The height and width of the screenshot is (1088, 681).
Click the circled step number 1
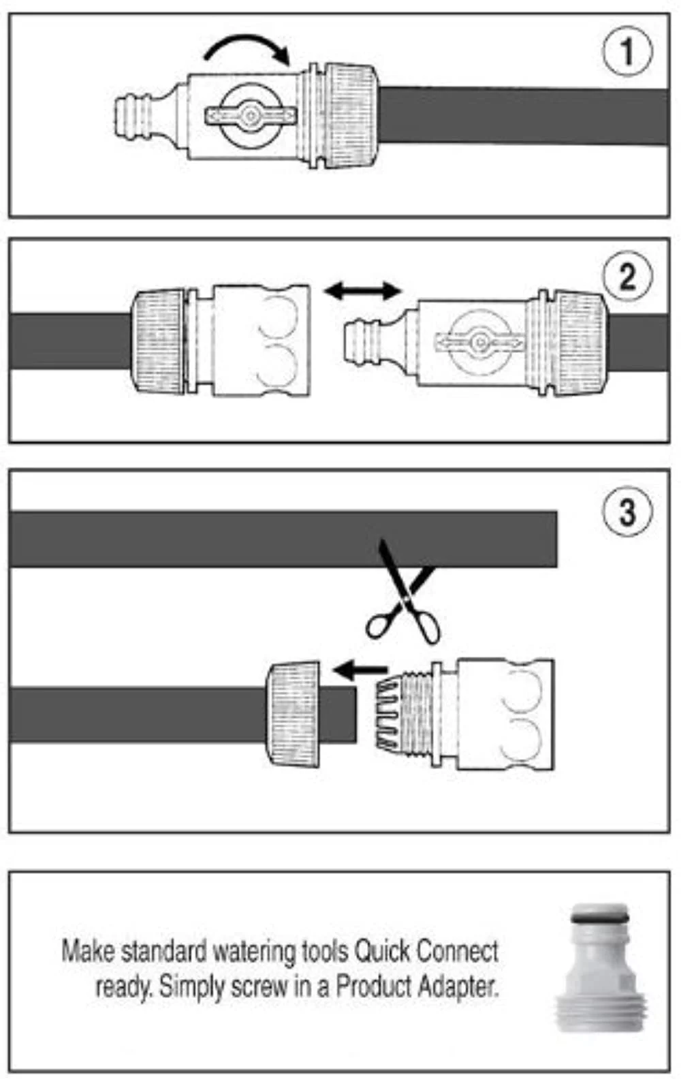pyautogui.click(x=627, y=51)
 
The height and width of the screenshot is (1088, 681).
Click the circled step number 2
pyautogui.click(x=627, y=277)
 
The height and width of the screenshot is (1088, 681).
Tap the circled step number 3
pyautogui.click(x=627, y=512)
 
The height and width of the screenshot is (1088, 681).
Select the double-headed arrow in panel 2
pyautogui.click(x=363, y=292)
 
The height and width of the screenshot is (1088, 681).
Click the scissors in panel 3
pyautogui.click(x=403, y=591)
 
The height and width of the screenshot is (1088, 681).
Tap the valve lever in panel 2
pyautogui.click(x=479, y=342)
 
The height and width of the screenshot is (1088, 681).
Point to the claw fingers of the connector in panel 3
pyautogui.click(x=389, y=714)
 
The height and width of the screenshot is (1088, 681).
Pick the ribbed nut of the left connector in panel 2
pyautogui.click(x=158, y=341)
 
